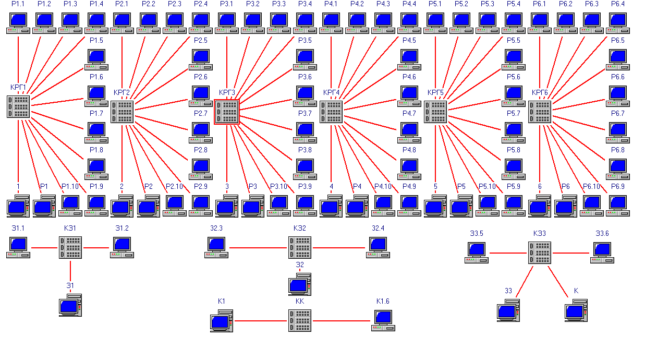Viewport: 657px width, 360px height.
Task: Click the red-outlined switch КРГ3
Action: click(227, 112)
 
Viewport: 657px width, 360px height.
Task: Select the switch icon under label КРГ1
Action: click(18, 106)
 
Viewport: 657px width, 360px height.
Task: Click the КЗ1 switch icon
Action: click(70, 247)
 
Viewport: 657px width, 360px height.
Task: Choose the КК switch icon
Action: click(300, 320)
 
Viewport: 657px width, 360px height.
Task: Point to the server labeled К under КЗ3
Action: click(576, 310)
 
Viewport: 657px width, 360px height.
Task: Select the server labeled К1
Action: click(221, 321)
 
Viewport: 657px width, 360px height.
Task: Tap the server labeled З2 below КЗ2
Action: click(300, 284)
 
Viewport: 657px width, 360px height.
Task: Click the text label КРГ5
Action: click(435, 93)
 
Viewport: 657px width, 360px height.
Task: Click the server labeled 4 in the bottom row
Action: click(331, 206)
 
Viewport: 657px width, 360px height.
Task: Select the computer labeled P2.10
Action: click(175, 206)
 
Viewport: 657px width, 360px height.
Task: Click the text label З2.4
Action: click(378, 228)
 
